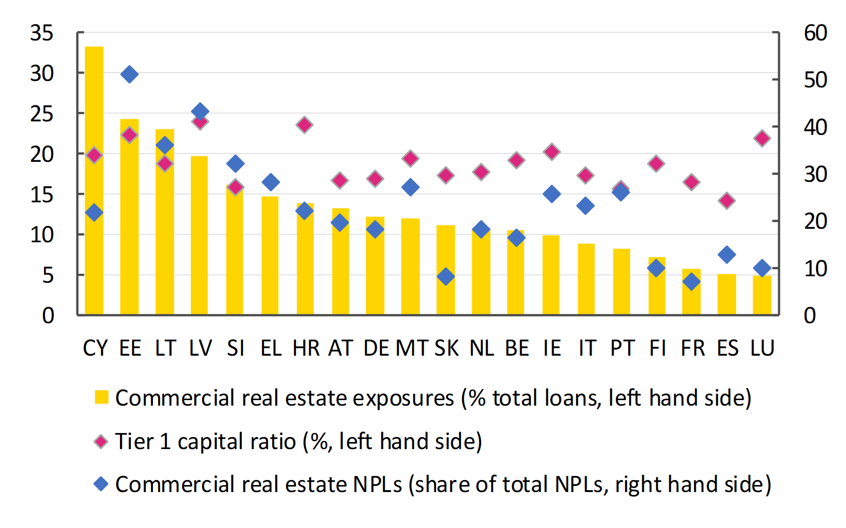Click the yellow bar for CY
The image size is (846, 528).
94,180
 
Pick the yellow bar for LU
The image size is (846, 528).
762,295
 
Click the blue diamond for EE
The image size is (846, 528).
129,74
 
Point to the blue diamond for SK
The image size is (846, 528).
446,276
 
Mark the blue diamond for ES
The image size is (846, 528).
727,254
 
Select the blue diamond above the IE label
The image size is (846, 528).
552,194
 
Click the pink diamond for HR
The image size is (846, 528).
304,125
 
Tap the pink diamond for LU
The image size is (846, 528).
762,138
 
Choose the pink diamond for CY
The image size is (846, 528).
94,156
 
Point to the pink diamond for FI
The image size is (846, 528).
656,164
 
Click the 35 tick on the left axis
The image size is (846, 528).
42,33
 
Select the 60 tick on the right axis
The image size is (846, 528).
816,33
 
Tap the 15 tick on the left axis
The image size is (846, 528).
42,194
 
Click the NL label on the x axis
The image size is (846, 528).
481,347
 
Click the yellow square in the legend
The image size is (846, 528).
101,398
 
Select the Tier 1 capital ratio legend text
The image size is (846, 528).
299,442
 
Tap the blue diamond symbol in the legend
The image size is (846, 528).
101,484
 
